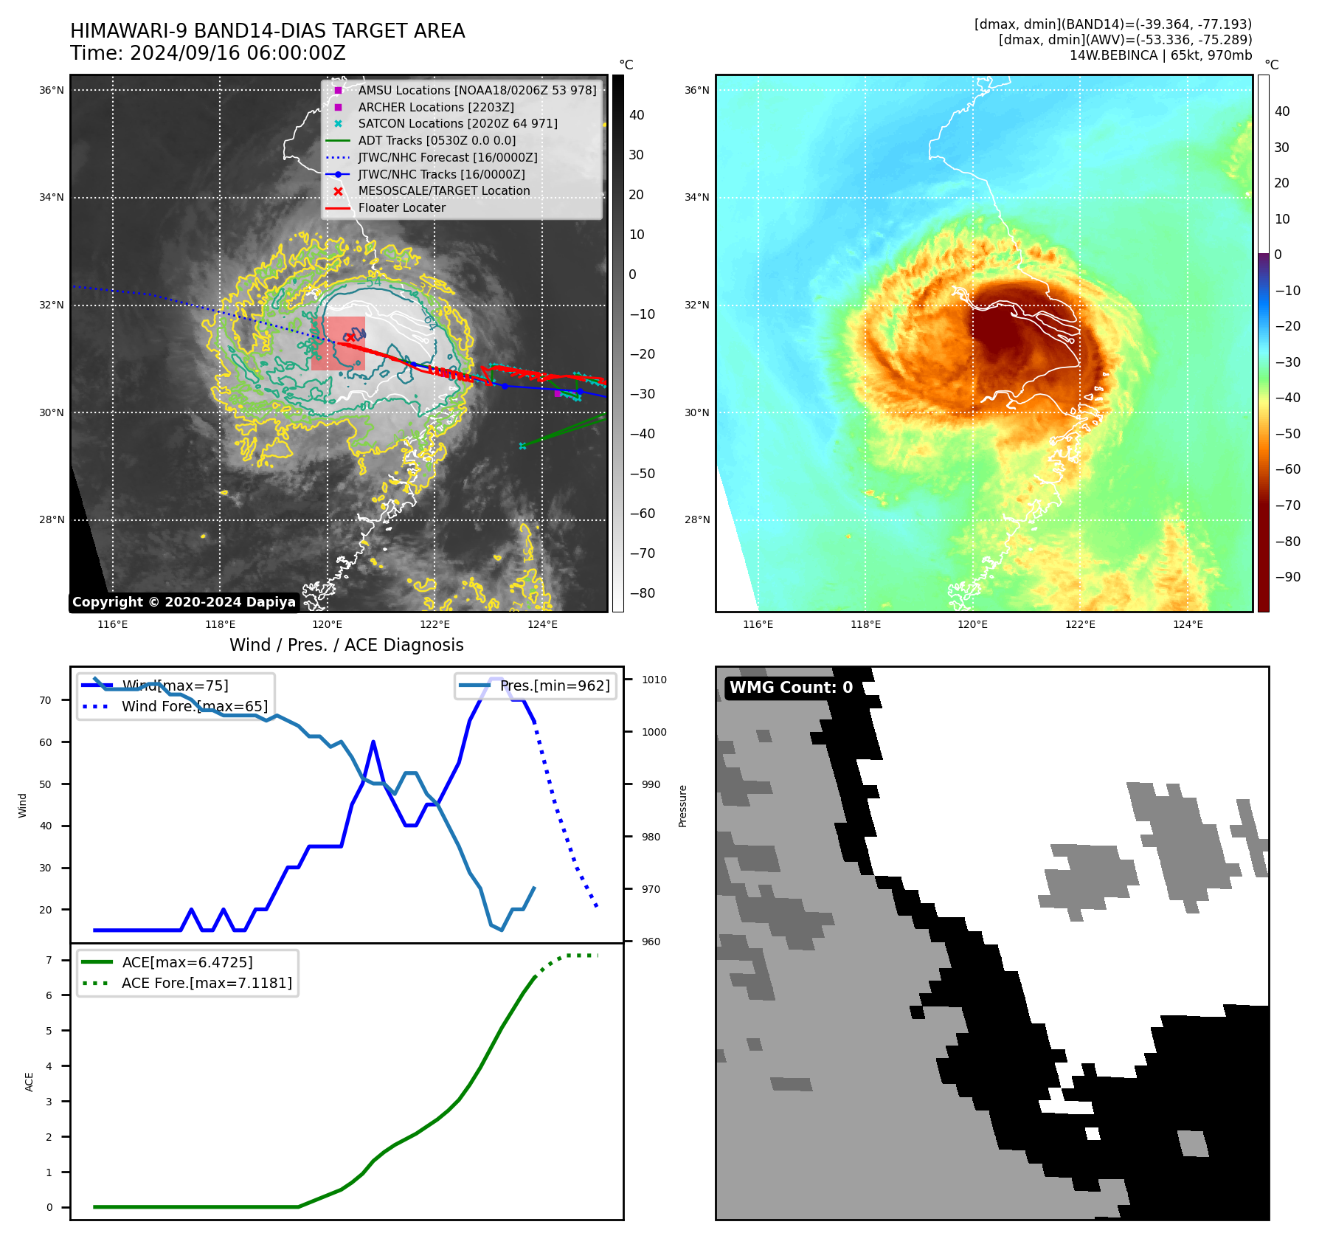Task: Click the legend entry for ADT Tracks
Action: pos(437,140)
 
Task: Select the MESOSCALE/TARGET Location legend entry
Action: pos(443,190)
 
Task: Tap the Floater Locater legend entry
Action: pos(401,207)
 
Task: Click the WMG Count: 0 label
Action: pos(791,688)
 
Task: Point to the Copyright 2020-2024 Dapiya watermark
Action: pos(184,602)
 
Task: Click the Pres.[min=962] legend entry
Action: pos(554,685)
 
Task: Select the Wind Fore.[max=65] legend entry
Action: pos(194,706)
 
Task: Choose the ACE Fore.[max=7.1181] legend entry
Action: pos(206,983)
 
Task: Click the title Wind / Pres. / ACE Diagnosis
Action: pos(347,645)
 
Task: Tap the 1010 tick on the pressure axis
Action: pos(654,680)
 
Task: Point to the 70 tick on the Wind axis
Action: pos(46,700)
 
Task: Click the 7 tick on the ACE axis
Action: pos(49,960)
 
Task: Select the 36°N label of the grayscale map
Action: pos(52,91)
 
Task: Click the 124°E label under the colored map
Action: pos(1188,625)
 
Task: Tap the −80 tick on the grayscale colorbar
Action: pos(642,593)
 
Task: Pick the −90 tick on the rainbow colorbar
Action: pos(1287,577)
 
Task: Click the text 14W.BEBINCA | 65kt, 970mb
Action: pos(1160,55)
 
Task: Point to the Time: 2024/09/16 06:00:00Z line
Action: pos(208,53)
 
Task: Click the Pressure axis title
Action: pos(682,806)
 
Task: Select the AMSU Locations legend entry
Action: pos(477,90)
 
